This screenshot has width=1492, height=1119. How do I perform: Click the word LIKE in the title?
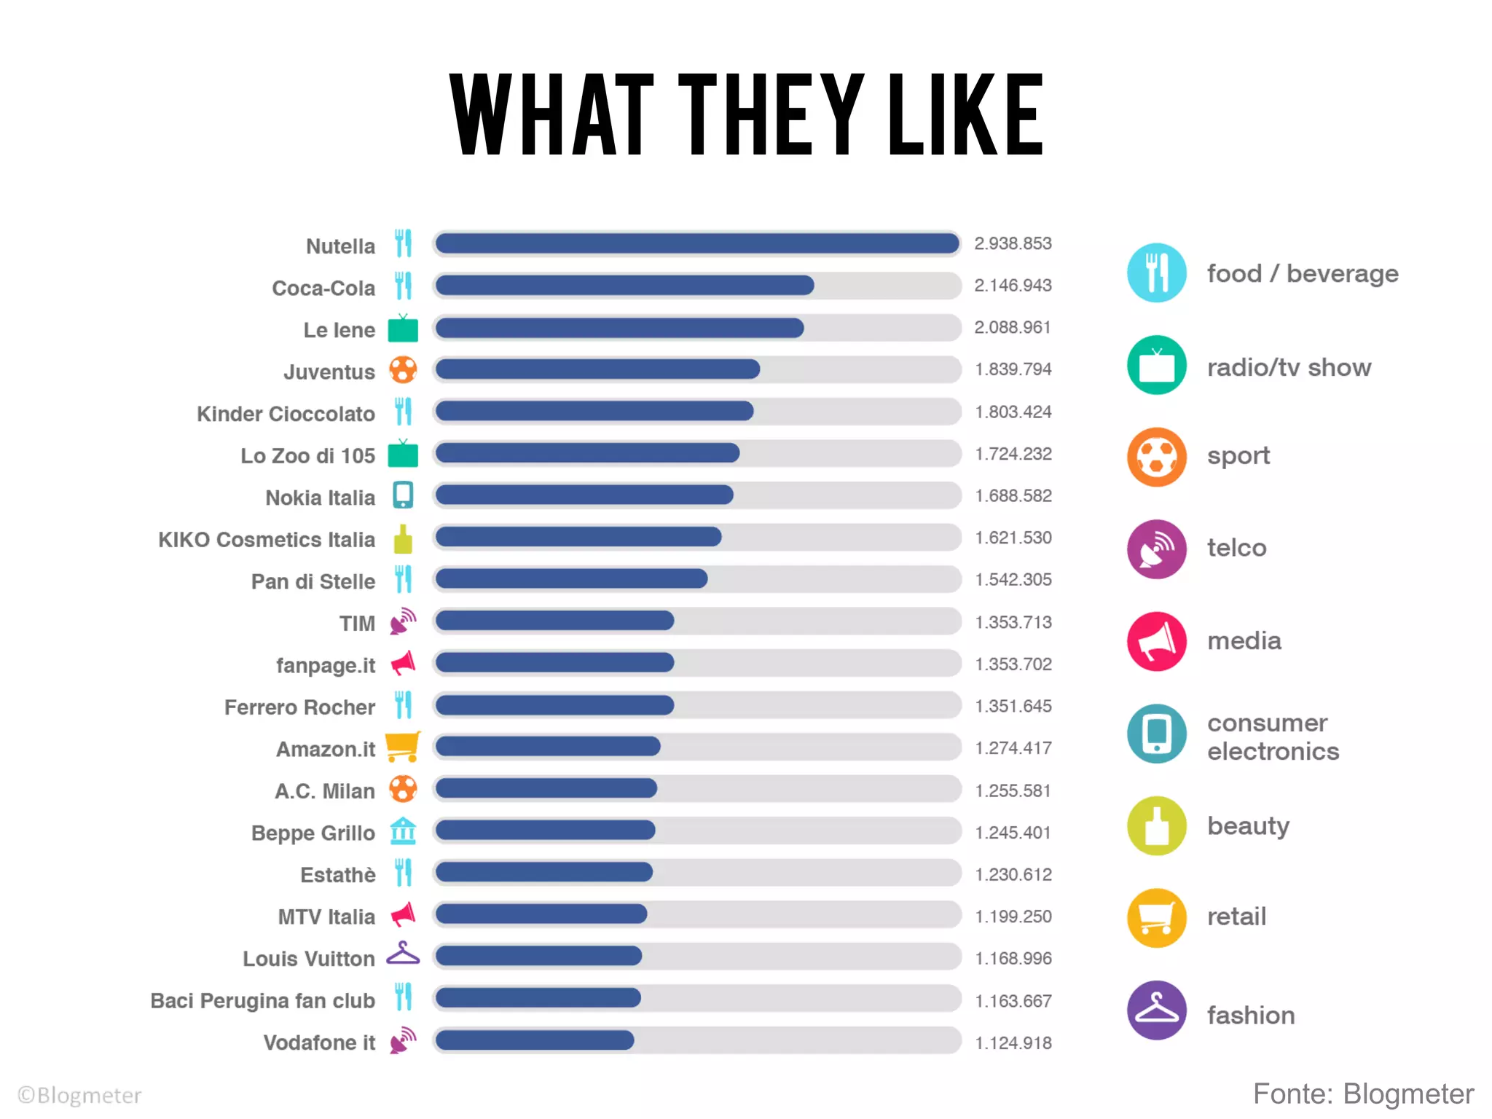965,115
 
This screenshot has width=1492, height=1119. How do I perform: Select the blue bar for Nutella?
696,243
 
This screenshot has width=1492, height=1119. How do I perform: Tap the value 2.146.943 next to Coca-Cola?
1013,286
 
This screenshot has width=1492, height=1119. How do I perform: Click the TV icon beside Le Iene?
403,329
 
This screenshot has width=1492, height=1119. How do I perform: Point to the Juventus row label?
329,372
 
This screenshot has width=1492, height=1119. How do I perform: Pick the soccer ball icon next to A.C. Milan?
403,789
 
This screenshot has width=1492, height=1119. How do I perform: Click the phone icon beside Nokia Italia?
403,495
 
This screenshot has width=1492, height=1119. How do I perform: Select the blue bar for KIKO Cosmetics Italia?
578,538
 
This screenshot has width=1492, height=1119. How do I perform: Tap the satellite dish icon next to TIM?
403,621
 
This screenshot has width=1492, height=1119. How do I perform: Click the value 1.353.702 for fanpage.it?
1013,664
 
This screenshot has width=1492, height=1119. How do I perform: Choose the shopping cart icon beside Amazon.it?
403,747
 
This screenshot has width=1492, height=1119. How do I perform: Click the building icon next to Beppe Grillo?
403,831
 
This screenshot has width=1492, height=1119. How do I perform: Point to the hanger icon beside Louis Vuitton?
403,954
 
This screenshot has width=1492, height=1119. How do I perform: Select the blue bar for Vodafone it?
535,1040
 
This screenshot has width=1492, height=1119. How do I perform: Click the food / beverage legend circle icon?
1156,272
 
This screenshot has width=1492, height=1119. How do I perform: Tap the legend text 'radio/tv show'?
1289,367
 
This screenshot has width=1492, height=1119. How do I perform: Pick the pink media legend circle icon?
1156,641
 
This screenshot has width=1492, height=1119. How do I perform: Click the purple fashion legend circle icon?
1156,1010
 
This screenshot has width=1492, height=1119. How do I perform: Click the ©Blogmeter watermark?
79,1095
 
